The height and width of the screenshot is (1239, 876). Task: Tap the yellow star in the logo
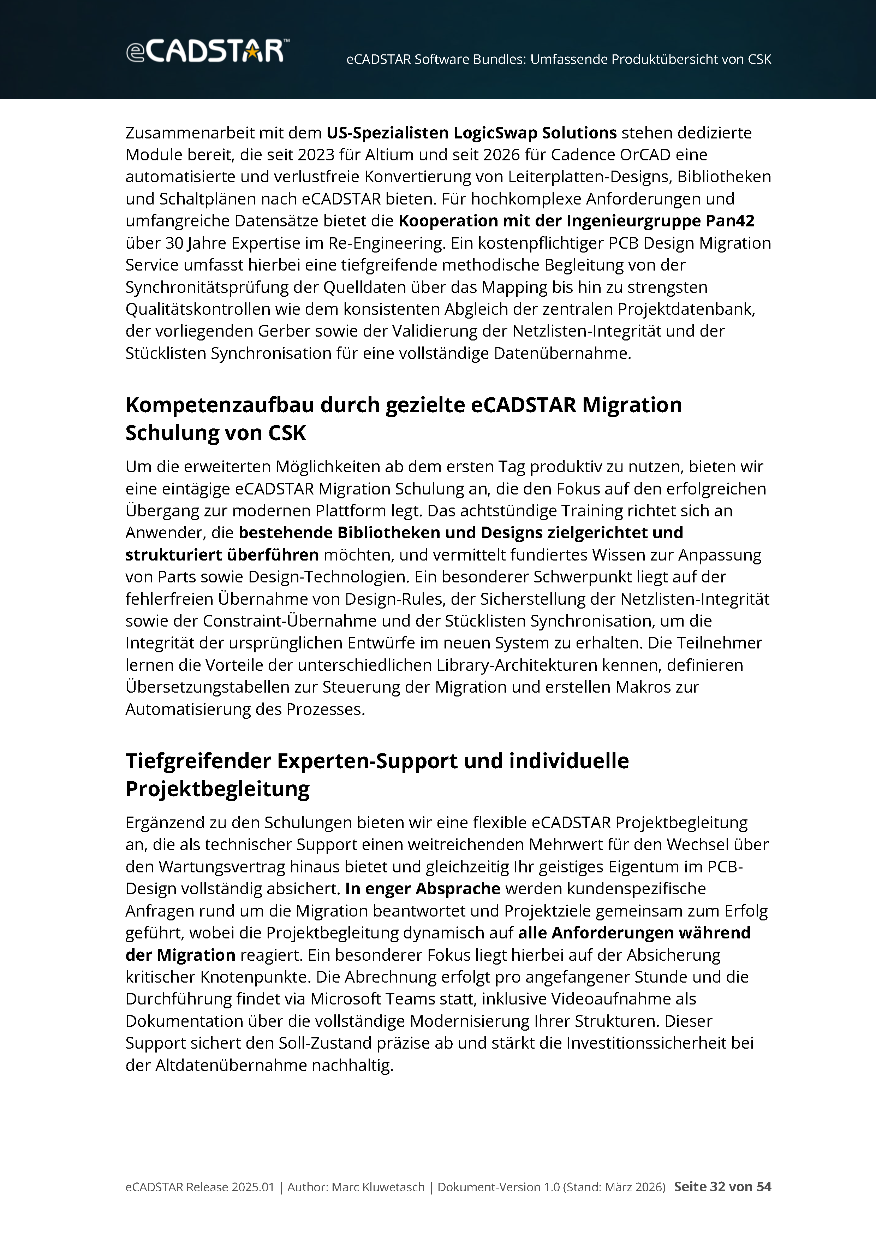tap(252, 52)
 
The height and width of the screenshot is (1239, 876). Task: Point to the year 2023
tap(316, 155)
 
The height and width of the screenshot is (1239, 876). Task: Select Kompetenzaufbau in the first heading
tap(220, 405)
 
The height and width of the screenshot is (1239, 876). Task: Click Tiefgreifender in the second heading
tap(198, 761)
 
